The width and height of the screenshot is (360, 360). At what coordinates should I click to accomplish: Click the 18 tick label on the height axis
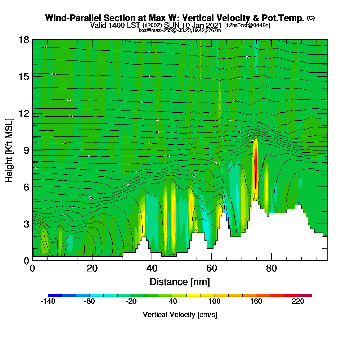(x=24, y=40)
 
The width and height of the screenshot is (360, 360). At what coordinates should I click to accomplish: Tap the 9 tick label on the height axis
(x=26, y=150)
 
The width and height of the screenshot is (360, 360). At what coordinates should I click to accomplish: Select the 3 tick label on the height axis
(x=26, y=224)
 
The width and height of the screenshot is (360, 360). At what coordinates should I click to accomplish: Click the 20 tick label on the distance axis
(x=92, y=268)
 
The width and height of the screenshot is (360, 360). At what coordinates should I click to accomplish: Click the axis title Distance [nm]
(x=180, y=281)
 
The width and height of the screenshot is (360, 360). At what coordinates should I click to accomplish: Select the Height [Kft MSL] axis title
(x=9, y=150)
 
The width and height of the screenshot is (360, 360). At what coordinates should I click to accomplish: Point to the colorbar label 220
(x=298, y=302)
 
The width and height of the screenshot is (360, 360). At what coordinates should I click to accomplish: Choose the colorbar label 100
(x=215, y=302)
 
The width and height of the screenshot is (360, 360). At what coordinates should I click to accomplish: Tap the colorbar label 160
(x=256, y=302)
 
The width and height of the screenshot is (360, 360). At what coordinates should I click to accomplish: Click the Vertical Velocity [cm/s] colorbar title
(x=180, y=315)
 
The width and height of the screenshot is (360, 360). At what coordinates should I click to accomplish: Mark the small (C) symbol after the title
(x=311, y=18)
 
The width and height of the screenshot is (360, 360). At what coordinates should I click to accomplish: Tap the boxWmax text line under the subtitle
(x=180, y=30)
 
